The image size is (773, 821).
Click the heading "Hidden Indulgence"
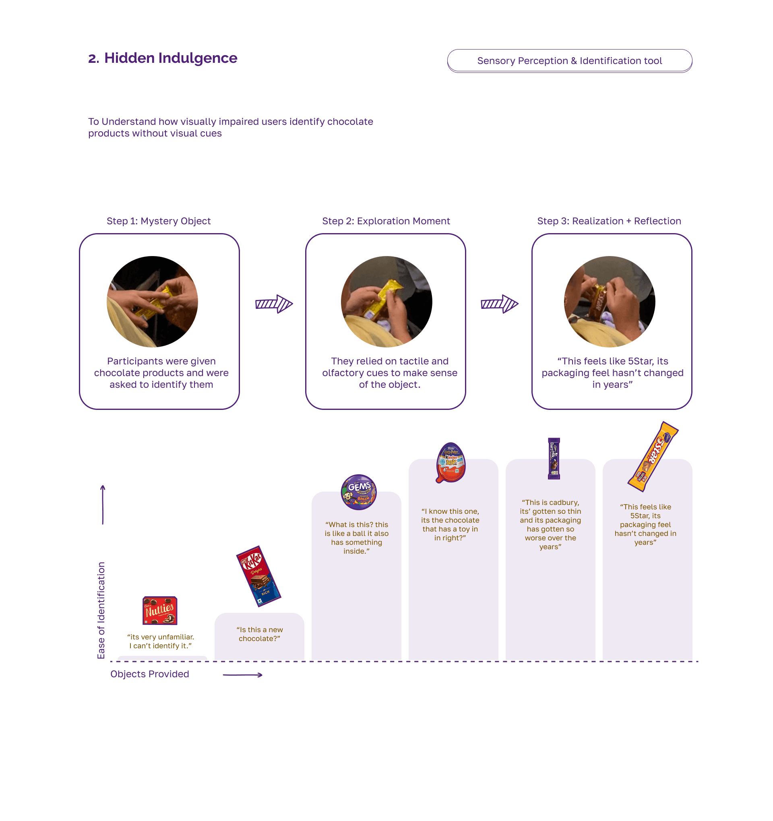(171, 58)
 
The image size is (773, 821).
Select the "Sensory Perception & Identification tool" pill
(569, 61)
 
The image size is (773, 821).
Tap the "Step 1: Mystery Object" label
(159, 221)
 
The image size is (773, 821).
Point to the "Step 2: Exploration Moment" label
(386, 221)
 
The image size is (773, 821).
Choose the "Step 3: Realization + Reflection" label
(609, 221)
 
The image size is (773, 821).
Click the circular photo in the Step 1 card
(152, 302)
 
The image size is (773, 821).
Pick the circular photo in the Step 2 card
(386, 302)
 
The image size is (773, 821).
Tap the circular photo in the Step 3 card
(610, 302)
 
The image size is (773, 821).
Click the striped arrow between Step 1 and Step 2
(274, 304)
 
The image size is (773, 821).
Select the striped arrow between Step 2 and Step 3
(499, 304)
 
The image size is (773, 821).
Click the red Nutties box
(160, 610)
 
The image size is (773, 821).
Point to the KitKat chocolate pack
(258, 576)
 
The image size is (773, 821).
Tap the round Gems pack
(358, 492)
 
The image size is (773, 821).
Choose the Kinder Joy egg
(451, 463)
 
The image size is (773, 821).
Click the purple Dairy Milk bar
(554, 458)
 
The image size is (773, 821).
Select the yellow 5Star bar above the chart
(653, 456)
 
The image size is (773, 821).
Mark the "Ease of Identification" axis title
(101, 610)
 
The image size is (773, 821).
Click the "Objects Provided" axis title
(149, 674)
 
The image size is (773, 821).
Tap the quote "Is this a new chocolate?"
(259, 634)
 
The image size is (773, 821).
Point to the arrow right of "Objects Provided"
(242, 675)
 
